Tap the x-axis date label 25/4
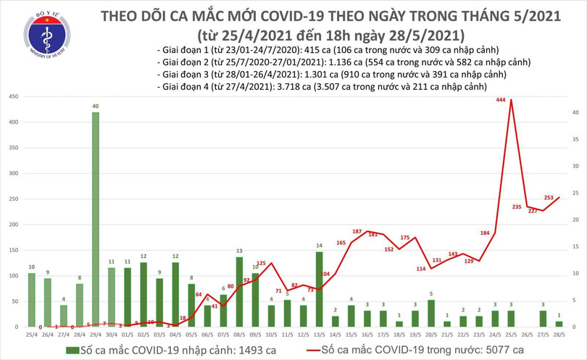tap(32, 335)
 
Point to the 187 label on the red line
tap(357, 231)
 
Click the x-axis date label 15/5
tap(351, 335)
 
